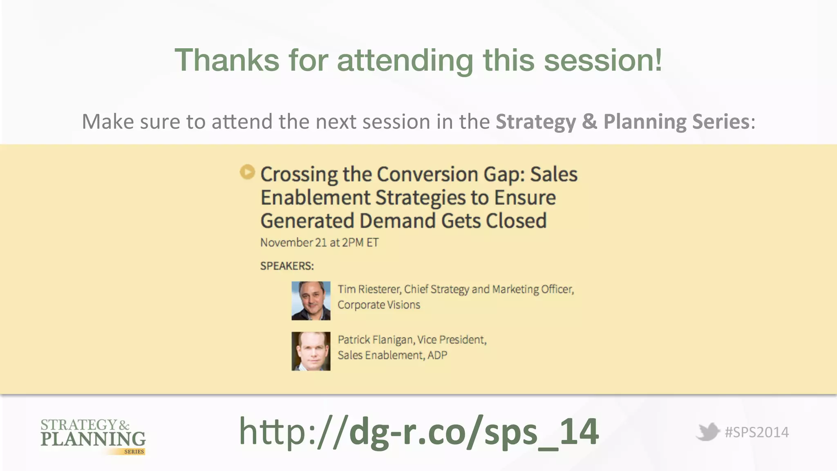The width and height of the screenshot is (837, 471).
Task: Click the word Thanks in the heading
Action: (227, 61)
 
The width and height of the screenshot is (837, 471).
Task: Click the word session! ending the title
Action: (603, 61)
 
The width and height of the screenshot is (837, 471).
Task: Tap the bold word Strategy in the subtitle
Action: (535, 122)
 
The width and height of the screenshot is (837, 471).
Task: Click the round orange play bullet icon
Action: (247, 172)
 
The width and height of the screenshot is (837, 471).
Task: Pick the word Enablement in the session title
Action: (315, 198)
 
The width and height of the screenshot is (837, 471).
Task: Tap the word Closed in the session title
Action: (516, 221)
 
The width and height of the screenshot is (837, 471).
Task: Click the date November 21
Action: (293, 243)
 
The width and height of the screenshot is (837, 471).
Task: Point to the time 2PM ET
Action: (360, 243)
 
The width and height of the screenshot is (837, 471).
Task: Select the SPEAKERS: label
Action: (287, 266)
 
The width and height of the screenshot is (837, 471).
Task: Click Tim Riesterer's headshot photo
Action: (311, 301)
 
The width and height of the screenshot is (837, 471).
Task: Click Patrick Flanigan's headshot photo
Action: (311, 351)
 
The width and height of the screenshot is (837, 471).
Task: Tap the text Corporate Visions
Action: (378, 305)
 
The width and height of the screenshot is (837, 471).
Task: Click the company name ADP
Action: (437, 355)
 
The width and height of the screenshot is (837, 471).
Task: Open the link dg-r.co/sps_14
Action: (419, 432)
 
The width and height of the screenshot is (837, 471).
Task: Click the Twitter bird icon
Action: (707, 432)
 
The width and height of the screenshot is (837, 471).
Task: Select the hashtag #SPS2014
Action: (756, 433)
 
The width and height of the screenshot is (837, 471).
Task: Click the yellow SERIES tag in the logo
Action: (134, 452)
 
